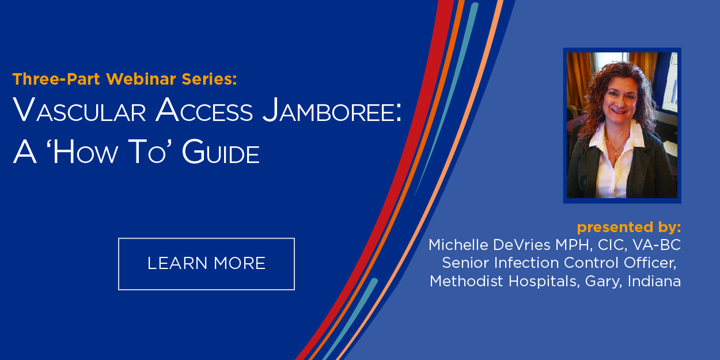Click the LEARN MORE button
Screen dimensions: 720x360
coord(206,264)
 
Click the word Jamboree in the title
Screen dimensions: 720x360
coord(332,109)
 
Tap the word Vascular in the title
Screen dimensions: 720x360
coord(79,109)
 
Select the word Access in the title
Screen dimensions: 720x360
coord(204,109)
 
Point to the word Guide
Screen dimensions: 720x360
coord(221,151)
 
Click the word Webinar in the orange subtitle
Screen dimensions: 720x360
coord(141,79)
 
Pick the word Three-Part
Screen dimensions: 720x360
coord(56,79)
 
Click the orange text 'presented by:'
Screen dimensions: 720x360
coord(629,228)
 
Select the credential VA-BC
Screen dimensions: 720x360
coord(657,245)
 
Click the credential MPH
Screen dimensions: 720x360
coord(574,245)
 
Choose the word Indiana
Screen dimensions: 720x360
coord(654,281)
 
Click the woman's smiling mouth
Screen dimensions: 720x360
coord(619,111)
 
